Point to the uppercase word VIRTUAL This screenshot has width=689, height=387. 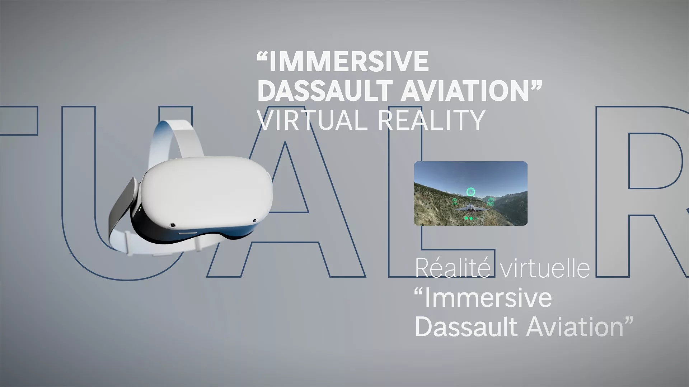click(313, 120)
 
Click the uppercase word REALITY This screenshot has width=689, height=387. click(432, 120)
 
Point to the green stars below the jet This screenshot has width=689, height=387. click(469, 218)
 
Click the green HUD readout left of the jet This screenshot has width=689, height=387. click(455, 202)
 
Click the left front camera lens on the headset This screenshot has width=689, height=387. click(173, 225)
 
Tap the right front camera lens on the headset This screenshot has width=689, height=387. click(255, 221)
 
